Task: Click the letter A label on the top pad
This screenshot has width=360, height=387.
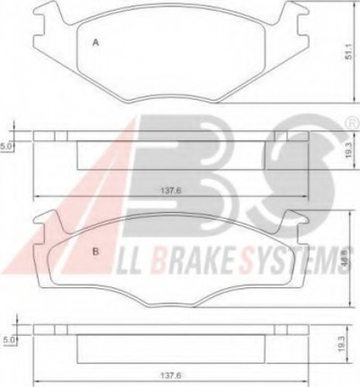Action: [96, 44]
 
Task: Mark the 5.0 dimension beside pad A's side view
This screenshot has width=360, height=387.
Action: [5, 143]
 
